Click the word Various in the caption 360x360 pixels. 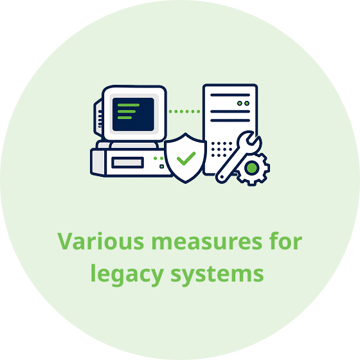tap(100, 241)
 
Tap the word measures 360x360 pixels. tap(206, 243)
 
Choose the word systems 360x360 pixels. tap(217, 274)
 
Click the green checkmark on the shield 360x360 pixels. tap(186, 158)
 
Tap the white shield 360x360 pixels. tap(185, 158)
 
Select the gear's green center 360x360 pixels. tap(252, 168)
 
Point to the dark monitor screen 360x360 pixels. tap(133, 114)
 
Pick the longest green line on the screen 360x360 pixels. tap(129, 105)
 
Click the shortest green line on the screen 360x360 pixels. tap(125, 118)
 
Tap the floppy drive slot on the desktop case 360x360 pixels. tap(128, 163)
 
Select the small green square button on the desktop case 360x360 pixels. tap(161, 166)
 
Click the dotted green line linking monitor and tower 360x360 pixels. tap(184, 112)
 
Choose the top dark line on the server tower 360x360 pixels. tap(230, 95)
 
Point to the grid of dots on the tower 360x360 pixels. tap(221, 149)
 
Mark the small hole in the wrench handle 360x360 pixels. tap(222, 177)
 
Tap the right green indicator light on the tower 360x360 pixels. tap(247, 104)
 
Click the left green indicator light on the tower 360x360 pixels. tap(240, 104)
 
